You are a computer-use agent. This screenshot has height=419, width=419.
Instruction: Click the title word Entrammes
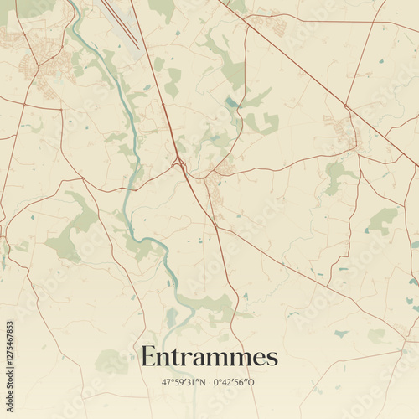[x=209, y=357]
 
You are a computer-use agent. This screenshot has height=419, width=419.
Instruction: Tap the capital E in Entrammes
[x=148, y=357]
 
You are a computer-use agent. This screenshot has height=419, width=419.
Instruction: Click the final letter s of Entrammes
[x=272, y=360]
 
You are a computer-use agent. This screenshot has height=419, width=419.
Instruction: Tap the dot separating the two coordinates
[x=208, y=382]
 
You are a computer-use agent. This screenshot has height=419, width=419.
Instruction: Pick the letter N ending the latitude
[x=200, y=382]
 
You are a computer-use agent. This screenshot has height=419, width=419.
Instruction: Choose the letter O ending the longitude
[x=252, y=382]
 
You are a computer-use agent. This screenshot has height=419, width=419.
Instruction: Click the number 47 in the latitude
[x=166, y=382]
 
